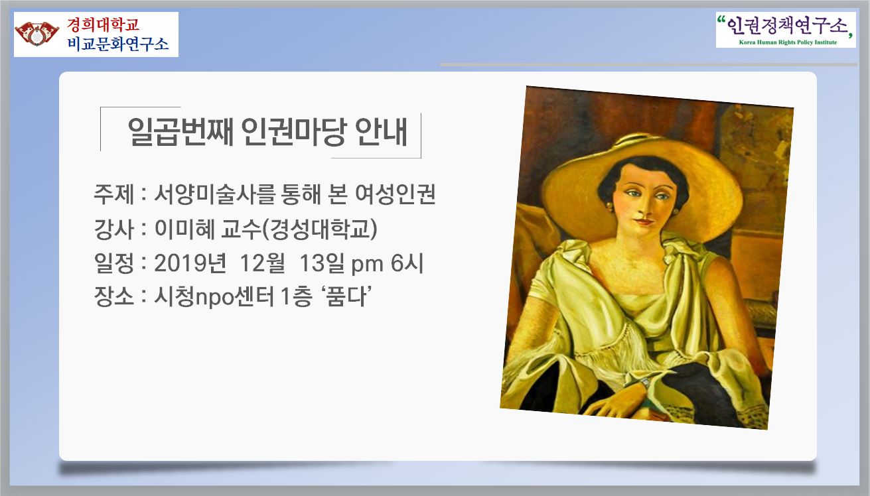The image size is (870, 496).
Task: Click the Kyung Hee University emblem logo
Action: [x=37, y=34]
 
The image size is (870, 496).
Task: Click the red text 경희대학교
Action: [x=103, y=25]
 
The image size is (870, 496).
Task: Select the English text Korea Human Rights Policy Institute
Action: [x=788, y=42]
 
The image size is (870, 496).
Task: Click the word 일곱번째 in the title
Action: [x=181, y=132]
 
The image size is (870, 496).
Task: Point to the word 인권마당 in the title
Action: [x=293, y=132]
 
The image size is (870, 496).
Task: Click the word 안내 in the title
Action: [x=381, y=132]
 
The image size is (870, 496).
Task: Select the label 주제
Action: [x=113, y=194]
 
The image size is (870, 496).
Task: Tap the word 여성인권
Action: [x=396, y=194]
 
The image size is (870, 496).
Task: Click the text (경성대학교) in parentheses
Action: [x=319, y=229]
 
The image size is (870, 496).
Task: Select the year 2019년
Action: [x=190, y=263]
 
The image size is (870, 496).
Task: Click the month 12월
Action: [x=263, y=263]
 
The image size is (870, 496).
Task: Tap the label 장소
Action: [x=113, y=297]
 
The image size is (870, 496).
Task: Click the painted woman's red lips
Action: [x=645, y=221]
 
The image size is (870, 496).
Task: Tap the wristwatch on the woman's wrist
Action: [x=645, y=383]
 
